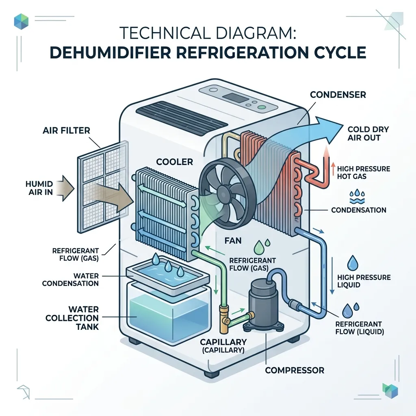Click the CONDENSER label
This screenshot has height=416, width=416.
tap(338, 95)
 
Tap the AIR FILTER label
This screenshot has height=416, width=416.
tap(66, 130)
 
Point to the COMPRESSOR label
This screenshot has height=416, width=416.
tap(295, 370)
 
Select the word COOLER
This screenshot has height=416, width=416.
tap(174, 162)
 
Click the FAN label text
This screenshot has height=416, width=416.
tap(233, 240)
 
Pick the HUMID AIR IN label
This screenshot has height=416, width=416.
tap(39, 188)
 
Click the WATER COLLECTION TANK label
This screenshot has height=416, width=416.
tap(72, 318)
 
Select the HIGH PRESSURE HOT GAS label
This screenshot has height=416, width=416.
tap(364, 172)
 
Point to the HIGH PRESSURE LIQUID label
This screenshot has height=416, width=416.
tap(364, 281)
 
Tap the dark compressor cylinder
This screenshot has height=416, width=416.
tap(263, 302)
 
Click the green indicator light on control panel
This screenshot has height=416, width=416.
tap(262, 107)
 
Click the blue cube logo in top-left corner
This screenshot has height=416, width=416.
tap(21, 21)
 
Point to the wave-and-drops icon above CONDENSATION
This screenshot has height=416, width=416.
tap(357, 196)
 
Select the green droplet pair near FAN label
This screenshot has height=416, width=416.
tap(261, 247)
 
